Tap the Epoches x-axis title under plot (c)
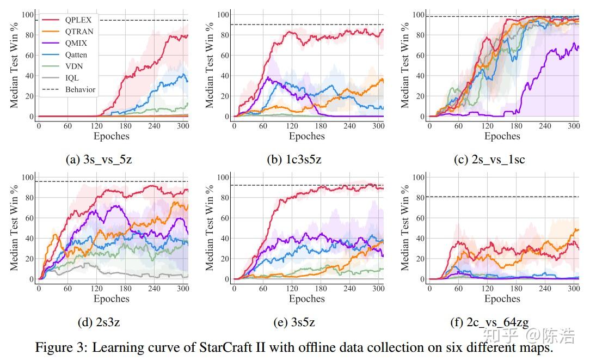point(502,136)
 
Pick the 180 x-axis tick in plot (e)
point(321,289)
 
